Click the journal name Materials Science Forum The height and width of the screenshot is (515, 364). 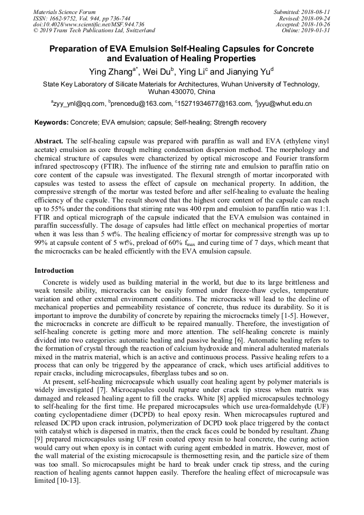coord(64,11)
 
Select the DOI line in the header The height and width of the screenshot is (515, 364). coord(89,24)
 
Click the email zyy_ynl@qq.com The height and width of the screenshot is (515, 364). coord(78,104)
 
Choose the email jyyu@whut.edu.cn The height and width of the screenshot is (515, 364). coord(285,104)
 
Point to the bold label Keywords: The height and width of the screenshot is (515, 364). coord(52,122)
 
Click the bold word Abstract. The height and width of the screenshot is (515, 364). coord(48,140)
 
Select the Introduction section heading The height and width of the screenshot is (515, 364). coord(54,270)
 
